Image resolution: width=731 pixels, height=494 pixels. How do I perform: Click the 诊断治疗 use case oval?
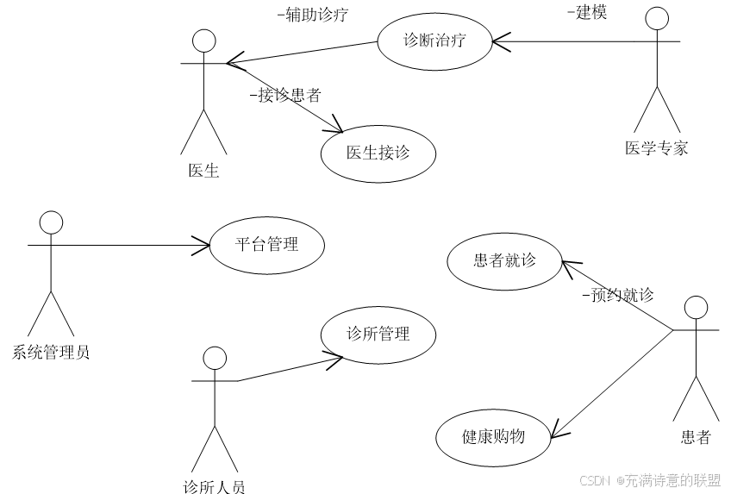click(x=434, y=41)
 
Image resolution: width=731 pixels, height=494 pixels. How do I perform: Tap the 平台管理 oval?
click(x=267, y=245)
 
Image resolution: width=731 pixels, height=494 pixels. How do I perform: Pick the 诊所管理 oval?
click(x=378, y=335)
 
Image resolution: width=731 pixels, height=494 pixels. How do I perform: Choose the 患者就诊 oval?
click(x=504, y=260)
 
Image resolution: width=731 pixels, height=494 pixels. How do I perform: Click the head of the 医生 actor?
click(x=203, y=40)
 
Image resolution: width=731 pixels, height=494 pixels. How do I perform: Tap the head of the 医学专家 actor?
click(x=657, y=18)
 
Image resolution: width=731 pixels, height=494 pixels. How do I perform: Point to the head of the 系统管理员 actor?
click(x=52, y=222)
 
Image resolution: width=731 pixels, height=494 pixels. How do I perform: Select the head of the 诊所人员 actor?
click(x=214, y=358)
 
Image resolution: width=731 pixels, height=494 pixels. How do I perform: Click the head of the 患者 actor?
click(x=695, y=307)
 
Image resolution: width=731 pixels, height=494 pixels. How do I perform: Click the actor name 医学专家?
click(x=657, y=148)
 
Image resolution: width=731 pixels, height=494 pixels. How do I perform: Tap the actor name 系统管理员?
click(x=52, y=352)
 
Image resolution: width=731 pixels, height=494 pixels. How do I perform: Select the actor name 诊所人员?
click(x=215, y=486)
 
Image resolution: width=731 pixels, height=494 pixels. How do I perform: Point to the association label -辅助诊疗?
click(x=312, y=15)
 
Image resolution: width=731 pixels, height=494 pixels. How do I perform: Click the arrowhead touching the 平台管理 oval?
click(x=202, y=246)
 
